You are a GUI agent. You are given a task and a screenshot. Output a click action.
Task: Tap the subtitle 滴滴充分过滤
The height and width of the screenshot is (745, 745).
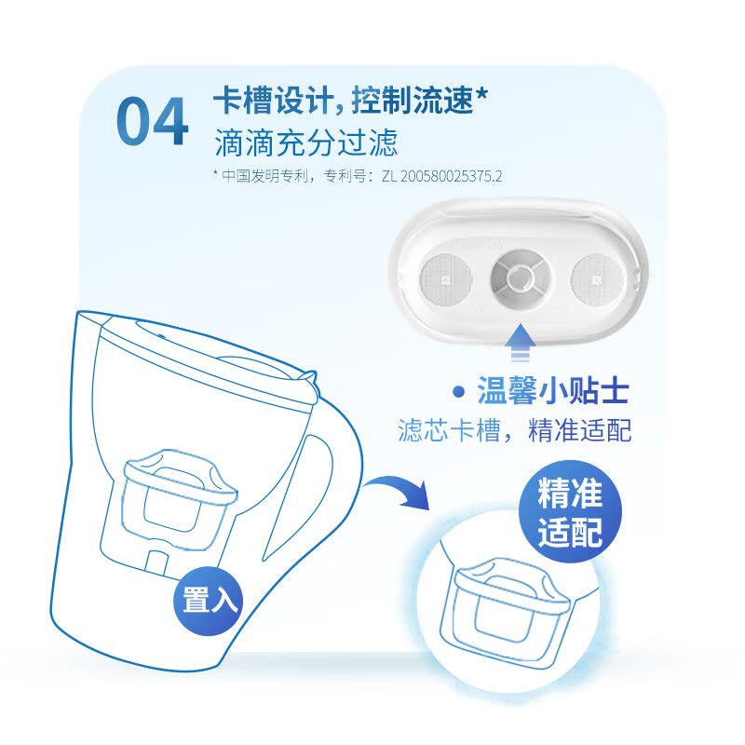[305, 142]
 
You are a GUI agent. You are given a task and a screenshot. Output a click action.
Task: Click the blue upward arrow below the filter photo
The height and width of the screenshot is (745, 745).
[521, 345]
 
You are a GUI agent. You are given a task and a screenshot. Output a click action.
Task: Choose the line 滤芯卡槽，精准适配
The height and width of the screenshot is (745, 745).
[515, 430]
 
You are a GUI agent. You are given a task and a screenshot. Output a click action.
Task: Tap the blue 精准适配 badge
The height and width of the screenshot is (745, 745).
[570, 513]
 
